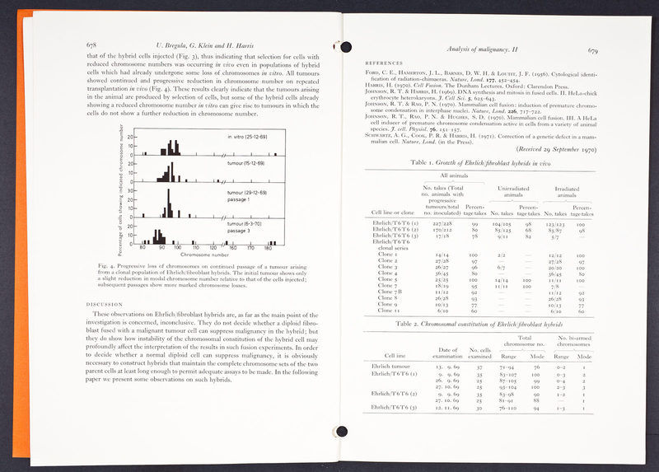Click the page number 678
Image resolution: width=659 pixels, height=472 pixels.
click(92, 44)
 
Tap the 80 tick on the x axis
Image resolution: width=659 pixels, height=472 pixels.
click(142, 247)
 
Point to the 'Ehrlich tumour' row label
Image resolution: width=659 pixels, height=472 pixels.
click(392, 366)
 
